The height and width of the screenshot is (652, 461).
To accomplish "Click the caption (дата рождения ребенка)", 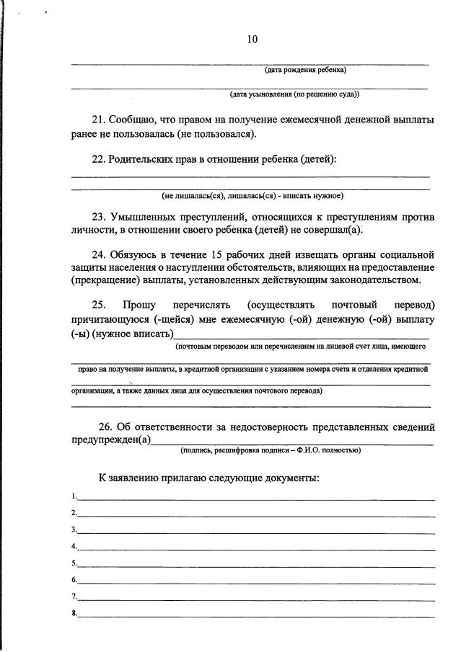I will coord(305,71).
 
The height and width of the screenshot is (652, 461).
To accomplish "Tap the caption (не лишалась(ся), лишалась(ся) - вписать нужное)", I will coord(253,195).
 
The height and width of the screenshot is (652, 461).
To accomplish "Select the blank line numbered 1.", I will coord(256,498).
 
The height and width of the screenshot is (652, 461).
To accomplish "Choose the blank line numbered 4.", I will coord(256,548).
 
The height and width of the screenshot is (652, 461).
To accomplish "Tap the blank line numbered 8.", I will coord(256,615).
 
